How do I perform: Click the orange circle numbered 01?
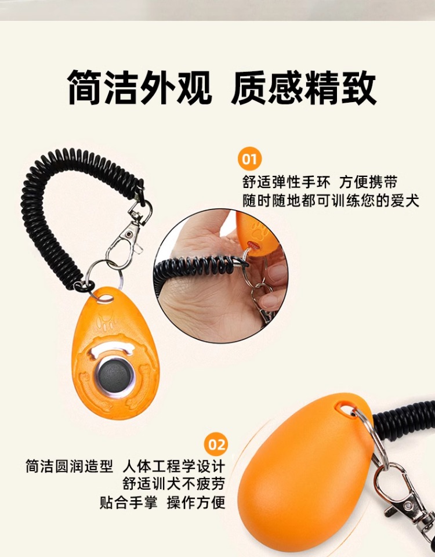(x=249, y=158)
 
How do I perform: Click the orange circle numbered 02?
(x=216, y=444)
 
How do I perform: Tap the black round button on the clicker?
(x=114, y=376)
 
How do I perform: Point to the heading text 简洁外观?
(x=140, y=88)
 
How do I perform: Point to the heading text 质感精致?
(x=303, y=88)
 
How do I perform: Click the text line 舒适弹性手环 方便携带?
(x=320, y=182)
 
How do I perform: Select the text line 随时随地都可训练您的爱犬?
(x=331, y=201)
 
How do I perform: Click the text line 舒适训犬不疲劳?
(x=174, y=484)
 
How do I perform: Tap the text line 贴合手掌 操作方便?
(x=162, y=502)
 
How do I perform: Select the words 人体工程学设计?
(x=174, y=466)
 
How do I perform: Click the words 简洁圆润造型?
(x=69, y=466)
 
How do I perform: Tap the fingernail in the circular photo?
(x=269, y=302)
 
